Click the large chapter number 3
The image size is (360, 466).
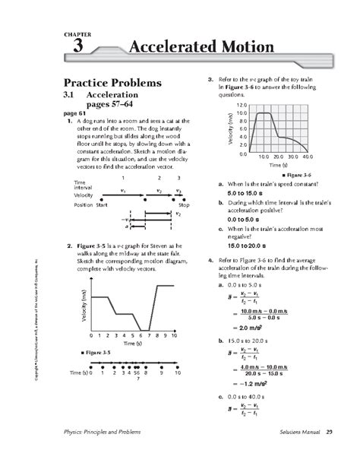[77, 48]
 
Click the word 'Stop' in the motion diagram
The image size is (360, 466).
[183, 205]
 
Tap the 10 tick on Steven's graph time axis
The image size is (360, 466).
[175, 335]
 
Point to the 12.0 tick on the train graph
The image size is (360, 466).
[242, 105]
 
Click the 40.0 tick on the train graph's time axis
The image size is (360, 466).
[306, 157]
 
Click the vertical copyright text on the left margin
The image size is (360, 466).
[36, 319]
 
